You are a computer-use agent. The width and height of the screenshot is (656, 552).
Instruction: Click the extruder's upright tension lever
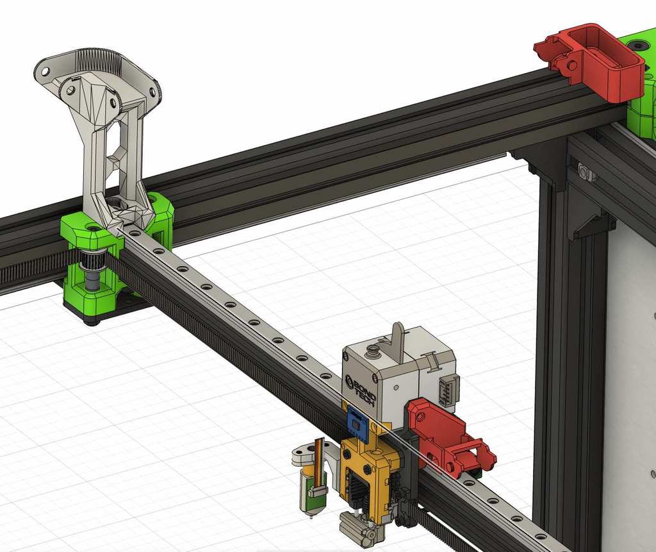point(398,340)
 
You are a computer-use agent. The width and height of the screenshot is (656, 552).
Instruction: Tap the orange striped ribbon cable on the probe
point(318,456)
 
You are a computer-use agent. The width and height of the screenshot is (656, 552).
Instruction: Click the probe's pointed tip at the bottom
point(311,516)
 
